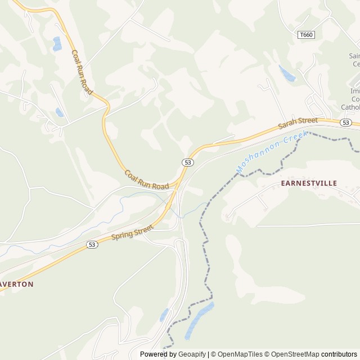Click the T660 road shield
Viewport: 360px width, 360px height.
click(306, 35)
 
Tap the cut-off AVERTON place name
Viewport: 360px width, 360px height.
click(17, 284)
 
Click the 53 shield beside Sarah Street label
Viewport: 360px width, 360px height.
click(346, 123)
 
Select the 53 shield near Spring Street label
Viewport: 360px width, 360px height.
click(92, 245)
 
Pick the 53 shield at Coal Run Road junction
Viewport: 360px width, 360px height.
click(188, 162)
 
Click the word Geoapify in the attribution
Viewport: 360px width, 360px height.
click(192, 354)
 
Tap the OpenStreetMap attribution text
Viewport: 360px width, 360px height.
click(294, 354)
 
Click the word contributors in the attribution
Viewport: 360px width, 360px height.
click(339, 354)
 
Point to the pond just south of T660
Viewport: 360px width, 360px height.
click(287, 73)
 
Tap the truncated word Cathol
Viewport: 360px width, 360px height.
click(350, 107)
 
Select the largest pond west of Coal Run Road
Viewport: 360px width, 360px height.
click(57, 44)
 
